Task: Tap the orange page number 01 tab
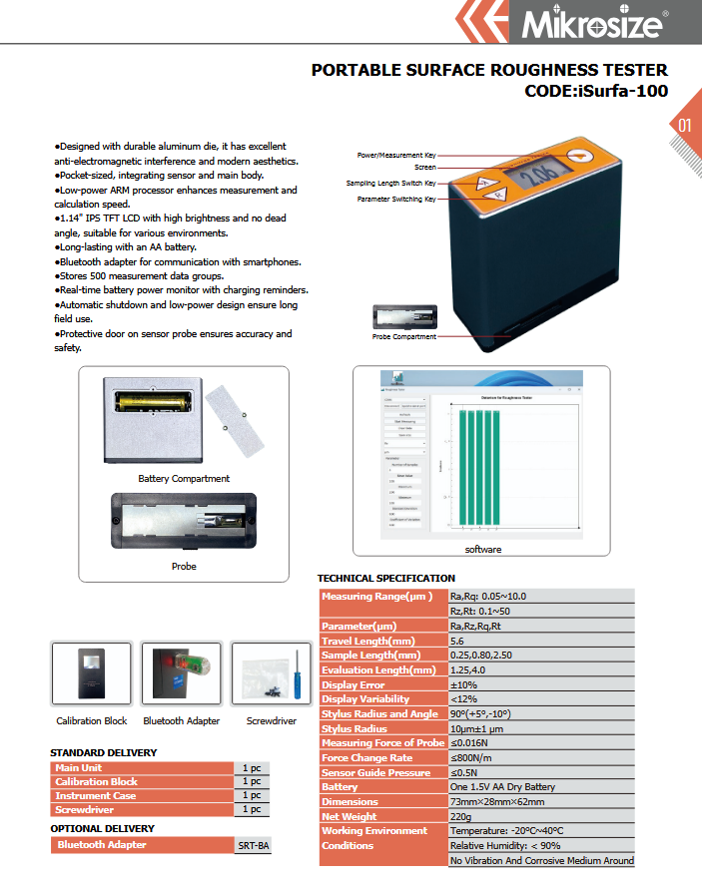pos(684,126)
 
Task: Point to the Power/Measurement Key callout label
pos(396,156)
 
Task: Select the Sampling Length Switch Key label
pos(390,184)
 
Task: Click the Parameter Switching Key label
pos(396,199)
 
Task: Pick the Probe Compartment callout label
pos(404,337)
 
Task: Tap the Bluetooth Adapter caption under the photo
pos(182,720)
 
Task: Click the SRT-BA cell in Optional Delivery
pos(253,845)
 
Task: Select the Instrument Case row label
pos(97,795)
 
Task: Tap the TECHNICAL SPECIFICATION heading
pos(385,578)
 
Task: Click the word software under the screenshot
pos(483,550)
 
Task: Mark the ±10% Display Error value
pos(465,684)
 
